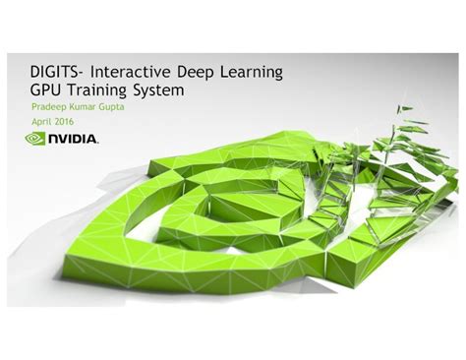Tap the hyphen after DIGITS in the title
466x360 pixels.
coord(87,75)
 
